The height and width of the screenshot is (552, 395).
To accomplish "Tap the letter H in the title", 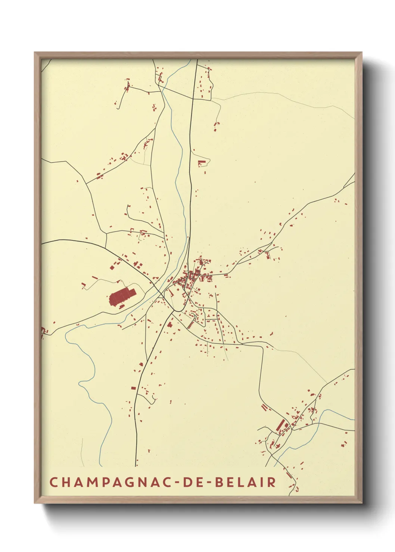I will (65, 482).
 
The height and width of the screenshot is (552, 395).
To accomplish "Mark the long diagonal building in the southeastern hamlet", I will (280, 425).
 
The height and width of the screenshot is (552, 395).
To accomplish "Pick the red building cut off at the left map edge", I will (43, 330).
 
